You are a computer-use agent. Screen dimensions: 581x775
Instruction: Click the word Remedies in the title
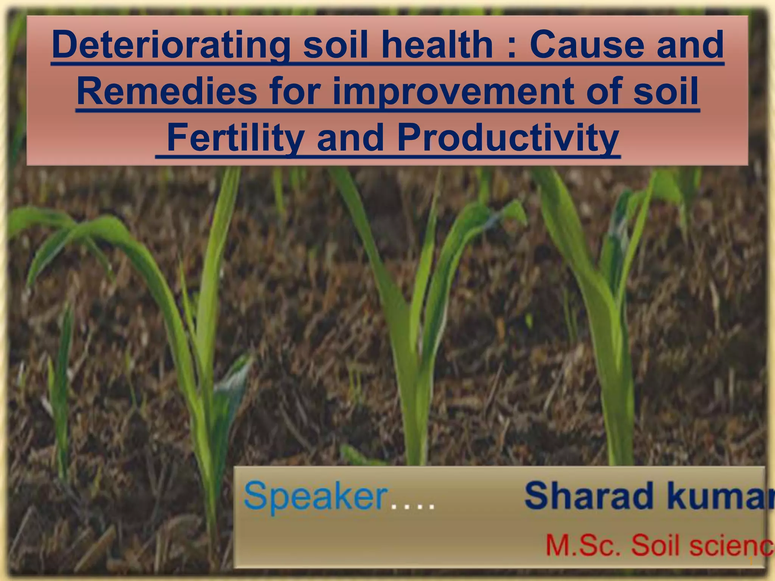[167, 92]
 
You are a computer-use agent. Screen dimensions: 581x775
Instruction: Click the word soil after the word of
[666, 92]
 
